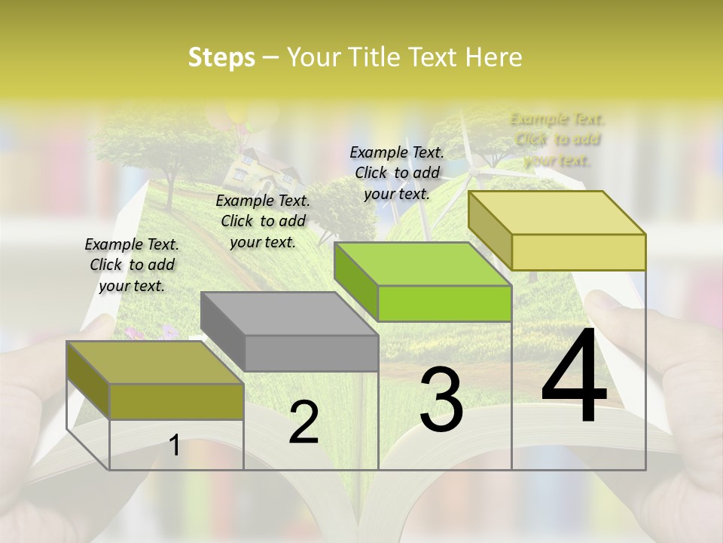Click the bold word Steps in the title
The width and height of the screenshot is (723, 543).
point(221,57)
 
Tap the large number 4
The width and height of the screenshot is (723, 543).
point(574,377)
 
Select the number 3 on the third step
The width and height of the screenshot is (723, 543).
point(441,400)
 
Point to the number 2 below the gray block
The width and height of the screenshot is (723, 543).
point(304,422)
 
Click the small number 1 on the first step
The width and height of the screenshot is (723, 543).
point(174,445)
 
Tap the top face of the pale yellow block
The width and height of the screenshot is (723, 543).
point(557,213)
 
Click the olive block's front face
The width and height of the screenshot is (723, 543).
point(176,401)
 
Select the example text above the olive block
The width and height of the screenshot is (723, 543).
point(132,265)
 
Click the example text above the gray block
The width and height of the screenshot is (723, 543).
point(263,221)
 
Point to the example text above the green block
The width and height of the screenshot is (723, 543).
point(397,173)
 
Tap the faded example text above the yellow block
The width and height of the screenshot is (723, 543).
point(557,140)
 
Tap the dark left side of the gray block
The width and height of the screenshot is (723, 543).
point(223,332)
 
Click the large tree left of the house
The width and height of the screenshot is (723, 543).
point(169,151)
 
